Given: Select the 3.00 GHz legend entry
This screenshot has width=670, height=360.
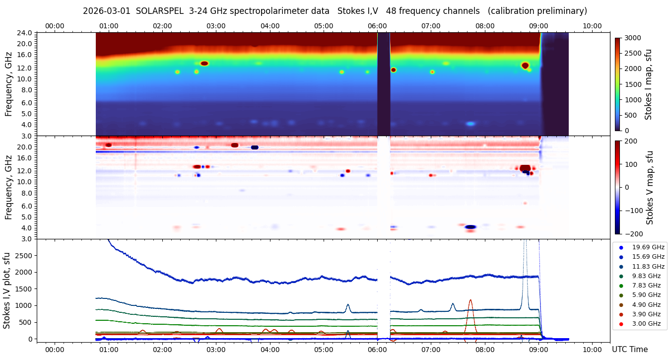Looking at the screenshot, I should pyautogui.click(x=646, y=324).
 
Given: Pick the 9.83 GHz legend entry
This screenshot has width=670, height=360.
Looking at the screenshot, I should pyautogui.click(x=646, y=276).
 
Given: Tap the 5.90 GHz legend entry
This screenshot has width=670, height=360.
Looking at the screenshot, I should pyautogui.click(x=646, y=295).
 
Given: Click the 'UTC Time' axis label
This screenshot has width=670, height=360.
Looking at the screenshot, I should pyautogui.click(x=629, y=349).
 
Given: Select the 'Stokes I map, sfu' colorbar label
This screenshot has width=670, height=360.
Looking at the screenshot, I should pyautogui.click(x=648, y=84).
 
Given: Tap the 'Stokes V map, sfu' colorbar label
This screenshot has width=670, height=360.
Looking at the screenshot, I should pyautogui.click(x=649, y=187).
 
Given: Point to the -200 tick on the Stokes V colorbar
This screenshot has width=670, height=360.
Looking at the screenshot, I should pyautogui.click(x=633, y=233).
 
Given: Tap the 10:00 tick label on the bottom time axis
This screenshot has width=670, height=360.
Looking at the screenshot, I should pyautogui.click(x=592, y=349).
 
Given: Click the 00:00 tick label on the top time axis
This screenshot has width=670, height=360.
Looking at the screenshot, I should pyautogui.click(x=55, y=26).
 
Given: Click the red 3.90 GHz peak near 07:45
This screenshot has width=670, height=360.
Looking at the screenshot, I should pyautogui.click(x=470, y=301).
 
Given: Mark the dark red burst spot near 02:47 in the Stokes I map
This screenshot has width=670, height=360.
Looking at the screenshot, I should pyautogui.click(x=204, y=63).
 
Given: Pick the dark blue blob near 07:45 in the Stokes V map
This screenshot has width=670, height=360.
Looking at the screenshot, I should pyautogui.click(x=470, y=227).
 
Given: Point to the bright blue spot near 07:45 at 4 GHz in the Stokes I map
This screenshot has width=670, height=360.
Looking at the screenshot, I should pyautogui.click(x=470, y=124).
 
